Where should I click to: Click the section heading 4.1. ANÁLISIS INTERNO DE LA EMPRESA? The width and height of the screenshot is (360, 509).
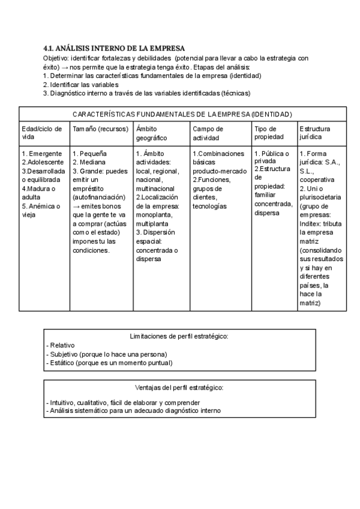(x=114, y=48)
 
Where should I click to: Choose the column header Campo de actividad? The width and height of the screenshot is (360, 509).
(x=208, y=133)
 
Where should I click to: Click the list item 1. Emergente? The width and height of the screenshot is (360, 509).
(x=41, y=154)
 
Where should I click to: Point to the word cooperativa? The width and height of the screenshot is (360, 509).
(x=317, y=179)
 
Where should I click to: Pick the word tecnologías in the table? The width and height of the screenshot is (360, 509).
(x=209, y=206)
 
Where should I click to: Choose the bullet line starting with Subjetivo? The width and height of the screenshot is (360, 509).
(x=106, y=354)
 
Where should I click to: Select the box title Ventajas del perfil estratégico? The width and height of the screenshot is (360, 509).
(x=179, y=387)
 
